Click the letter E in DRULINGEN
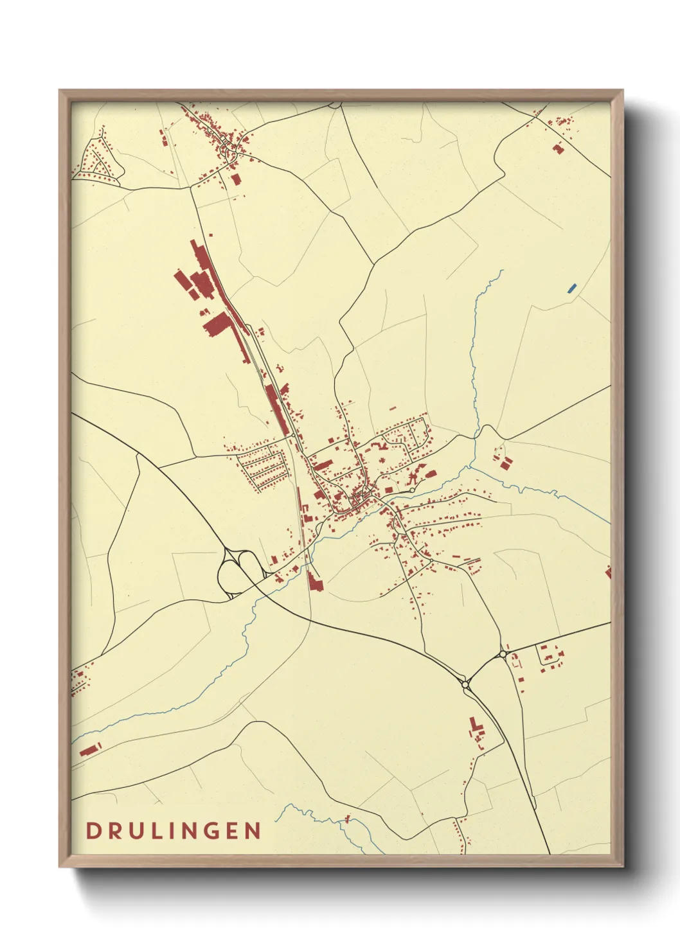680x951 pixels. point(233,831)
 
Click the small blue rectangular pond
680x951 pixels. point(571,289)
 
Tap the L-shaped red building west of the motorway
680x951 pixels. point(476,729)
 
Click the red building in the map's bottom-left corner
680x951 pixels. point(88,749)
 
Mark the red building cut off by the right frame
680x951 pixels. point(607,571)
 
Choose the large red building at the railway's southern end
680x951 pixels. point(314,582)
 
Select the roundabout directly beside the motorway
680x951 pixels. point(465,686)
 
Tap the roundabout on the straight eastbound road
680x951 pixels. point(502,655)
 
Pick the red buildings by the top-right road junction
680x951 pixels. point(558,148)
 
